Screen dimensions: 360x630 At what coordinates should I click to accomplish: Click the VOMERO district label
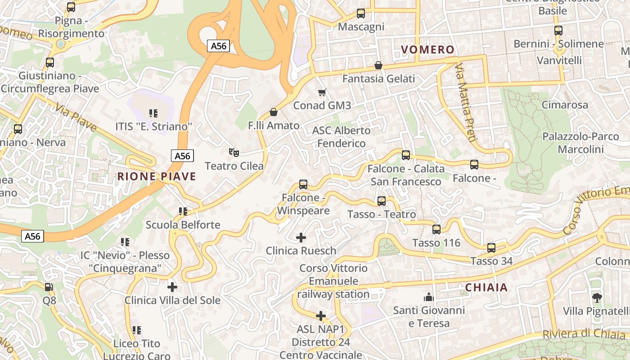(x=427, y=49)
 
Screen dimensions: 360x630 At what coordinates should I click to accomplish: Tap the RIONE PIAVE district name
(x=157, y=176)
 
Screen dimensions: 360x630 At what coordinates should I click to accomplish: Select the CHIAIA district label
(x=486, y=288)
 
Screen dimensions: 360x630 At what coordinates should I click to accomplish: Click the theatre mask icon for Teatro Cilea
(x=233, y=153)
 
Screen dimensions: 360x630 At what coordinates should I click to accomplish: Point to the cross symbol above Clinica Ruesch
(x=301, y=237)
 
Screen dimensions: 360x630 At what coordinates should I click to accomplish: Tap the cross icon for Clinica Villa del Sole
(x=172, y=287)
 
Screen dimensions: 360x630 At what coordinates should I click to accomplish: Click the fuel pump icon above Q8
(x=49, y=287)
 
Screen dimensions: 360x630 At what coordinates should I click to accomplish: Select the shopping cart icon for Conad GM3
(x=322, y=92)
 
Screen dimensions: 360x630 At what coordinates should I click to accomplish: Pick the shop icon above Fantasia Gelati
(x=378, y=65)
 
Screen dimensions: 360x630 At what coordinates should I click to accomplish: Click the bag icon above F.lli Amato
(x=273, y=112)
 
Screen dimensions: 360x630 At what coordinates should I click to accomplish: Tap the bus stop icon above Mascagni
(x=360, y=13)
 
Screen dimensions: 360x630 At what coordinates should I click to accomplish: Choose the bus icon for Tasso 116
(x=436, y=229)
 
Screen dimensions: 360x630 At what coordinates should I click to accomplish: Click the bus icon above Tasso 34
(x=491, y=247)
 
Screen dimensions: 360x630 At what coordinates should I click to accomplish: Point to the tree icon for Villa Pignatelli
(x=597, y=297)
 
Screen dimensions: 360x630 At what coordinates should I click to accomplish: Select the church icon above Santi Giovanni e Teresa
(x=428, y=297)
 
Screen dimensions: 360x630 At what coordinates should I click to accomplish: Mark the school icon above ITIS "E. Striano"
(x=153, y=113)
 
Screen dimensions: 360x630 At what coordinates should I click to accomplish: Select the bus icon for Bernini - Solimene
(x=558, y=31)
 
